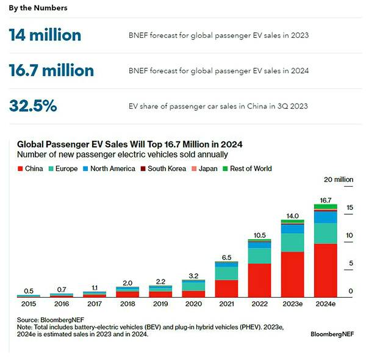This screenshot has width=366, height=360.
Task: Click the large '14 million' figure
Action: click(45, 35)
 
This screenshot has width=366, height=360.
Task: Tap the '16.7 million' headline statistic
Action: click(52, 71)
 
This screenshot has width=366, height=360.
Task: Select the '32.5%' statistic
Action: click(33, 106)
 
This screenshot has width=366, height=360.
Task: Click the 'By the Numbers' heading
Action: click(38, 8)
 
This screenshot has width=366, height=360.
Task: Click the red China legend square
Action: click(21, 168)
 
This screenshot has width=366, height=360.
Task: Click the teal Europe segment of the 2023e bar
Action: click(292, 242)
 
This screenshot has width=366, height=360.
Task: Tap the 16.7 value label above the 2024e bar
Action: click(326, 200)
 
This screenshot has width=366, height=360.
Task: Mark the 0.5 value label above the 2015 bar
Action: click(28, 290)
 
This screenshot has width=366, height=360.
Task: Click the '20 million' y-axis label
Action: click(338, 179)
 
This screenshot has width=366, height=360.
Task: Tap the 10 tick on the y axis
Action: click(350, 236)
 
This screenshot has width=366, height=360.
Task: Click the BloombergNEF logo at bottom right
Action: click(334, 334)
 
